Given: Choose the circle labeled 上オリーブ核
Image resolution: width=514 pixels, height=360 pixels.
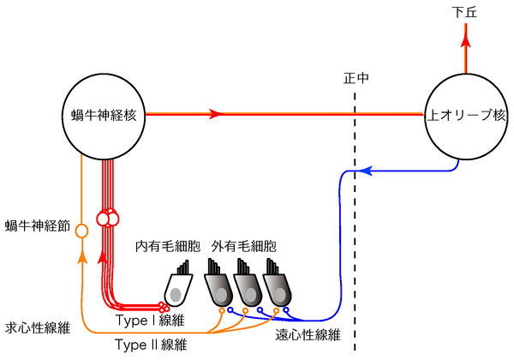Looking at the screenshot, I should tap(463, 113).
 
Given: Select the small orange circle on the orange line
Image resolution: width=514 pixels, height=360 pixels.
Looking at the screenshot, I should tap(81, 231).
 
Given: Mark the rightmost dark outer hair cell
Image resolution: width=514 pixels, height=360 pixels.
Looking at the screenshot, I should tap(277, 287).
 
